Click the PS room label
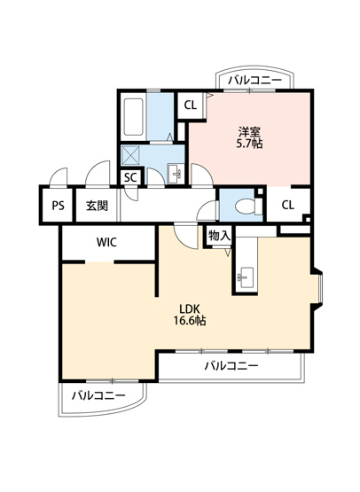click(x=58, y=206)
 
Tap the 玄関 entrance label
click(x=97, y=206)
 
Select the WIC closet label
click(x=106, y=242)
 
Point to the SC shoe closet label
click(x=130, y=177)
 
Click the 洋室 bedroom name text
click(x=249, y=131)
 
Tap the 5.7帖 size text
click(x=249, y=144)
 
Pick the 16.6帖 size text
click(x=190, y=321)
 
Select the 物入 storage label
click(x=219, y=235)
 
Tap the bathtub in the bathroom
click(x=134, y=117)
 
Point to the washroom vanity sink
click(x=175, y=174)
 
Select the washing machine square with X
click(x=130, y=154)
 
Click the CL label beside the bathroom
click(x=190, y=105)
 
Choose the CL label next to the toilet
click(x=288, y=205)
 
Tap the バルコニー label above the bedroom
click(x=254, y=81)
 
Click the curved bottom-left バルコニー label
click(x=98, y=395)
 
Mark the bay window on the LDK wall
click(x=319, y=288)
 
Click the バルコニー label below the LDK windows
click(x=231, y=365)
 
